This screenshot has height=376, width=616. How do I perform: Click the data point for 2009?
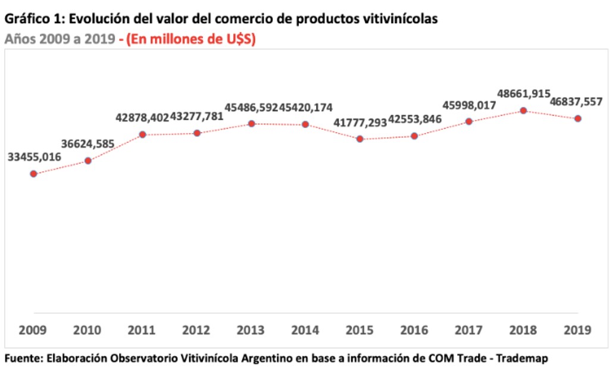(33, 174)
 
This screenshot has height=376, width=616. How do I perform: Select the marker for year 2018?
(523, 111)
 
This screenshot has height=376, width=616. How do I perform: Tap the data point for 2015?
(360, 139)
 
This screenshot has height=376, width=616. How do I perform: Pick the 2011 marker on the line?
(142, 134)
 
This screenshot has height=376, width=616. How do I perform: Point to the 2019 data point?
(577, 118)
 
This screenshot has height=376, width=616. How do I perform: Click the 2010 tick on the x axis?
(88, 330)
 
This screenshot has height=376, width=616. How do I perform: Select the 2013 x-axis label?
(251, 330)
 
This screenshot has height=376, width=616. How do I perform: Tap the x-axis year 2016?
(414, 330)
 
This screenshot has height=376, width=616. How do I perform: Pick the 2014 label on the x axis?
(305, 330)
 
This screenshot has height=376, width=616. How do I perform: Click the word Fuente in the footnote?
(21, 359)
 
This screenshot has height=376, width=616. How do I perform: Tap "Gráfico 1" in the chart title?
(32, 19)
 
